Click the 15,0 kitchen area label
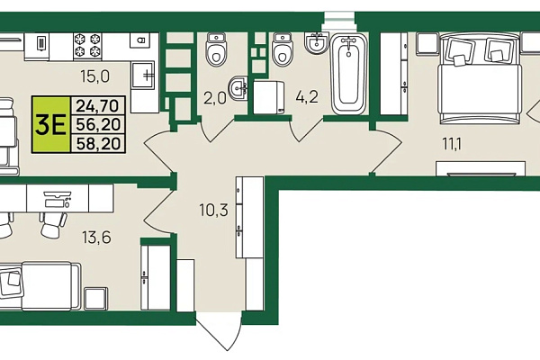(x=95, y=76)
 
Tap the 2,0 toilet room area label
(x=215, y=98)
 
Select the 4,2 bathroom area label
(x=307, y=97)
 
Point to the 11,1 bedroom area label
(x=452, y=144)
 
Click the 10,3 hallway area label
(x=213, y=210)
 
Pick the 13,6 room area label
(x=96, y=237)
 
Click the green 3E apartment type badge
(x=51, y=125)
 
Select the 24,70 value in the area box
(x=98, y=106)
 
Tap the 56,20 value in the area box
(x=98, y=124)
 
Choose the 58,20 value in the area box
(x=98, y=144)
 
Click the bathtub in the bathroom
(x=349, y=75)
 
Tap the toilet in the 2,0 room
(x=216, y=49)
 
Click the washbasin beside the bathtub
(x=317, y=43)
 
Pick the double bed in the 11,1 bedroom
(x=480, y=78)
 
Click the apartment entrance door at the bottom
(x=218, y=331)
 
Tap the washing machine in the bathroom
(x=268, y=97)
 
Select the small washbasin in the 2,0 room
(x=238, y=88)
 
